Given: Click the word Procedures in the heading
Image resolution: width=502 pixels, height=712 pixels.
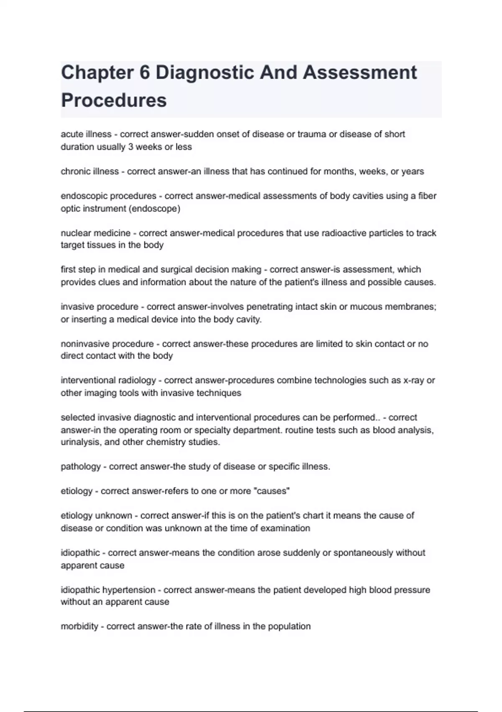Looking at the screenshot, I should (114, 101).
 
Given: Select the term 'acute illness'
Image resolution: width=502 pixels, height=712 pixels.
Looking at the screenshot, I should (86, 134).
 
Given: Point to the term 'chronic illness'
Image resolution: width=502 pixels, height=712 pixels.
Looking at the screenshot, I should (90, 171).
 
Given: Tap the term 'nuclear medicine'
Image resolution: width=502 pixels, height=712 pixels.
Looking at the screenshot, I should (95, 233).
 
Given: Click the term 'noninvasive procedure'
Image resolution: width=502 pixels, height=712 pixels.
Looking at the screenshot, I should (107, 344).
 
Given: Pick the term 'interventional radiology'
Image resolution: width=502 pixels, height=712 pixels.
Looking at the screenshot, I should (108, 380).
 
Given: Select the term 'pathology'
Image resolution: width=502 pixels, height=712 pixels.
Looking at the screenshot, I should (81, 467).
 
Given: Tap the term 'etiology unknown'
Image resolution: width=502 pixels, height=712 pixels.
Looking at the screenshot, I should (96, 516).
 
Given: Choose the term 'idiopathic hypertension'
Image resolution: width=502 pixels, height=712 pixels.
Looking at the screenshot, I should (108, 590).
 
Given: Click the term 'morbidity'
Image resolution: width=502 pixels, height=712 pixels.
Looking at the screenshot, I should (79, 627).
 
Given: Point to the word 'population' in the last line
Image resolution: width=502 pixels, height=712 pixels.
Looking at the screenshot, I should (289, 627).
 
